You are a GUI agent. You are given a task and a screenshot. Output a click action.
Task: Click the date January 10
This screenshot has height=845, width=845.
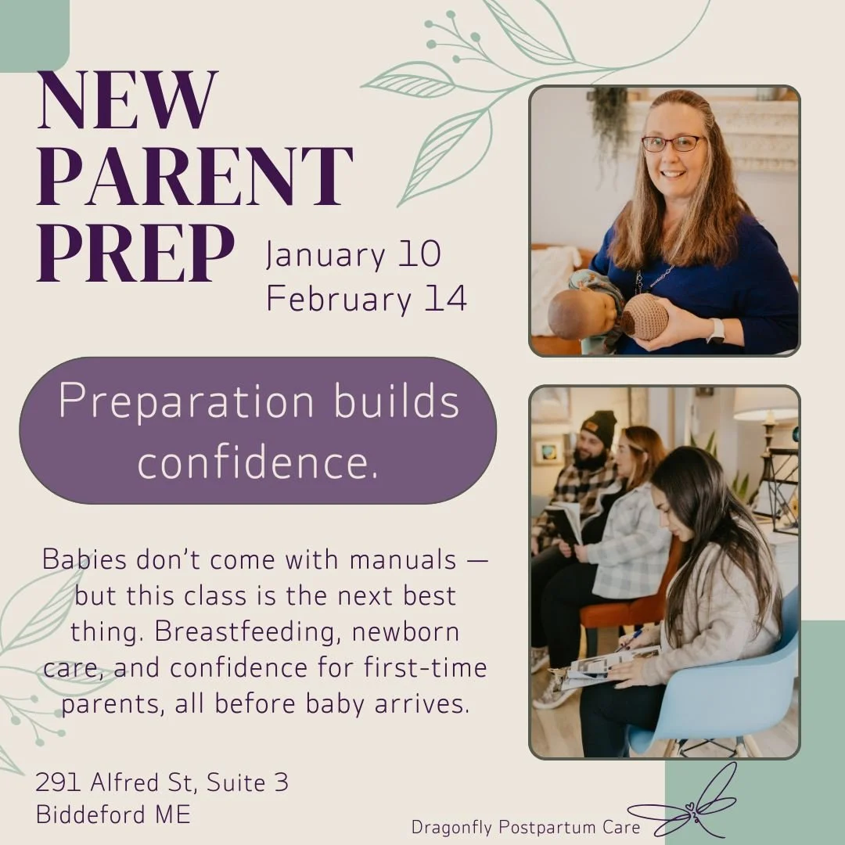coord(354,255)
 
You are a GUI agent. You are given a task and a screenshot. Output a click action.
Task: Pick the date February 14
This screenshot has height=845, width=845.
coord(366,299)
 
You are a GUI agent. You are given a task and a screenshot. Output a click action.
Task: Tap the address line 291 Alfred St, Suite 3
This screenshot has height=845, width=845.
coord(162,782)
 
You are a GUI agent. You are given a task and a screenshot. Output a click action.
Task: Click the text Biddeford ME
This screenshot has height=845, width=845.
coord(113,814)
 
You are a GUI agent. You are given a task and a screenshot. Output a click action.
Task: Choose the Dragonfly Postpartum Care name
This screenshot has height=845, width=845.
coord(526,827)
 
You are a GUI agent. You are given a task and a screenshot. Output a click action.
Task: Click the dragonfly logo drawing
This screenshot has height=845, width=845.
coord(692,806)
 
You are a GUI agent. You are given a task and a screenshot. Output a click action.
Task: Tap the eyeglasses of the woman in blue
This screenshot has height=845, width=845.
coord(672,143)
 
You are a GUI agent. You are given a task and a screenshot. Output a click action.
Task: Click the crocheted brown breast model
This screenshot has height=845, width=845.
coord(644,316)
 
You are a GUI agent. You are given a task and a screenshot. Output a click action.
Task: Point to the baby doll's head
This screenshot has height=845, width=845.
coord(571,313)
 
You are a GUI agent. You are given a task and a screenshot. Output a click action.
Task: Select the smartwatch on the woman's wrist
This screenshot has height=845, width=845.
coord(715,330)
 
